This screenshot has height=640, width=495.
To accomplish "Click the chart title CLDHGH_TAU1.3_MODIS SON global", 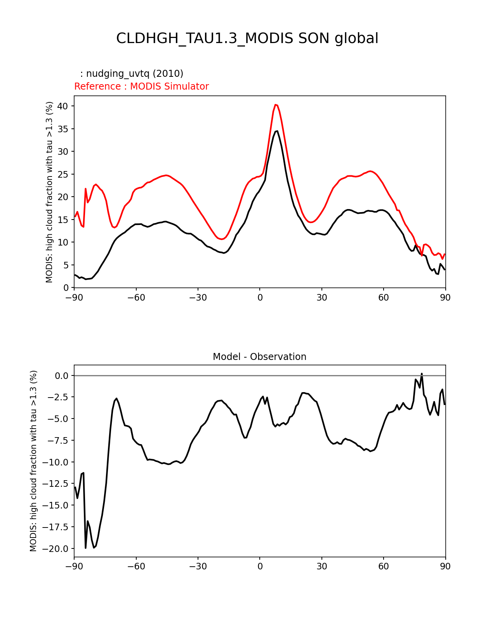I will tap(247, 38).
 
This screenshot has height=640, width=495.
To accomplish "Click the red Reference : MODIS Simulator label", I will tap(141, 86).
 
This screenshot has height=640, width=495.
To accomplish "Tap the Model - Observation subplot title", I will tap(259, 357).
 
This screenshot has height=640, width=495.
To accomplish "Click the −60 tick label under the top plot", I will tap(136, 298).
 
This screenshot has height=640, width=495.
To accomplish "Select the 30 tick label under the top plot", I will tap(321, 298).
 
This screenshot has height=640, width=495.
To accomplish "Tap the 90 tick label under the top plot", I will tap(445, 298).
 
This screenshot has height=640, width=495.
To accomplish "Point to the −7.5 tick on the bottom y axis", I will tap(58, 441).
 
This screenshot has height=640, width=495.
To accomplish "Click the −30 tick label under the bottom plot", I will tap(198, 567).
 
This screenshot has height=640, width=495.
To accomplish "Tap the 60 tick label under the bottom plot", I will tap(383, 567).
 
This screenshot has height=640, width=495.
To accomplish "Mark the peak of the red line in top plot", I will tap(275, 104).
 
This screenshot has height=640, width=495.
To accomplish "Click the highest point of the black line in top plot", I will tap(277, 131).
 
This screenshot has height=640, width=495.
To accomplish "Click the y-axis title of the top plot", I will tap(49, 192).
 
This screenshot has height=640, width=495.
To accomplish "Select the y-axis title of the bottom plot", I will tap(33, 461).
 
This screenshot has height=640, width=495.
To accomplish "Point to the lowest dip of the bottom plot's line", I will tap(86, 548).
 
